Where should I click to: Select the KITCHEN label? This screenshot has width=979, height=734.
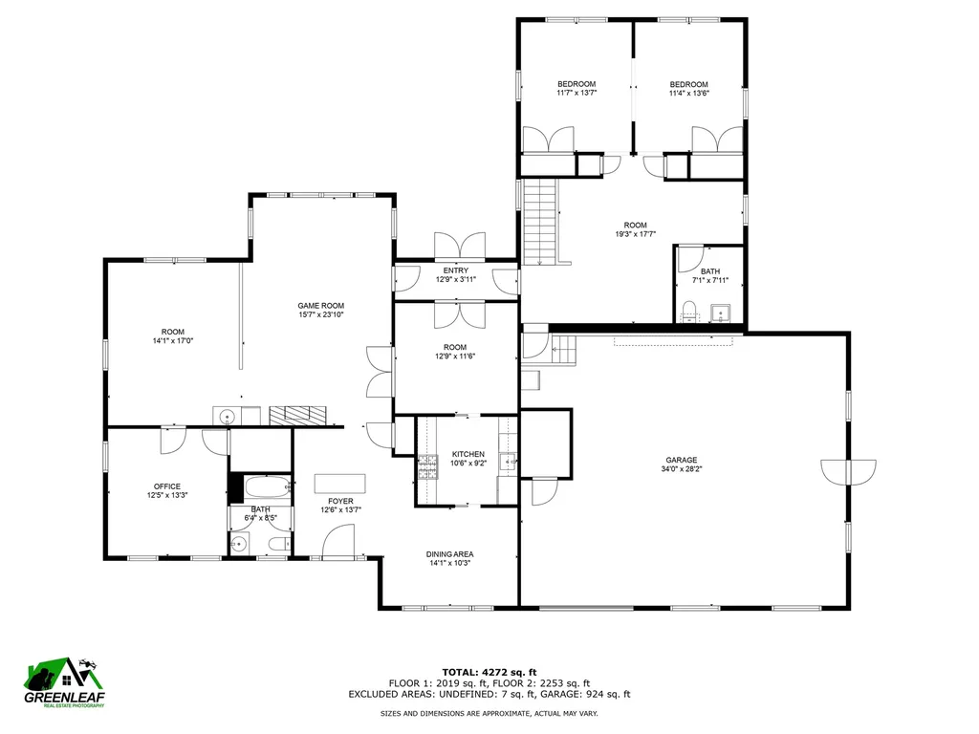(468, 454)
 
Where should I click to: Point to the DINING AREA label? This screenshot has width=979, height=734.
(451, 553)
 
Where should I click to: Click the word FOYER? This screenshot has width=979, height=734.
(340, 501)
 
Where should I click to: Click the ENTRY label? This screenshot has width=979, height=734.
(455, 270)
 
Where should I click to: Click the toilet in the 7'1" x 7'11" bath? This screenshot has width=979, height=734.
(688, 310)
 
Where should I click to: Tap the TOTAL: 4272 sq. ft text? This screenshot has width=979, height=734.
(489, 672)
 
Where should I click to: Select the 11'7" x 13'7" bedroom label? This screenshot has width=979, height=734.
(577, 84)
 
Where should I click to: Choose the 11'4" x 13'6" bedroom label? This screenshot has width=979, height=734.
(688, 84)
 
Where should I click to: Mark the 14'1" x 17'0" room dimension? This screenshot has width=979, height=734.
(172, 340)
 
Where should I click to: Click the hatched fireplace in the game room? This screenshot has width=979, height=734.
(298, 415)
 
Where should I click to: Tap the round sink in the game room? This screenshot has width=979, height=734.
(228, 416)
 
